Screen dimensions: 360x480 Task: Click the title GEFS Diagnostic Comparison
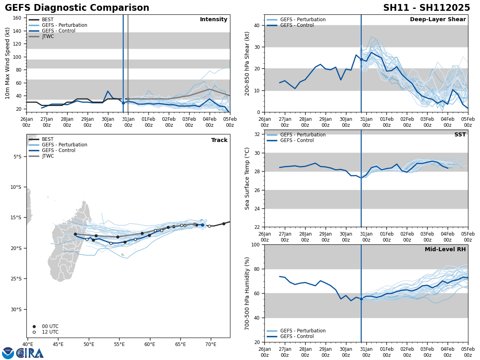(x=77, y=8)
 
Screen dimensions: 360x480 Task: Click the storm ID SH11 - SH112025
(x=426, y=8)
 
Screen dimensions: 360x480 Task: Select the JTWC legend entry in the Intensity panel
(x=48, y=36)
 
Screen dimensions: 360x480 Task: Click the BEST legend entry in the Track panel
(x=48, y=139)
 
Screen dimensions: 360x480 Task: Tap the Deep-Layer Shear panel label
(x=438, y=20)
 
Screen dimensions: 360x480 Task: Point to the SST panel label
(x=460, y=135)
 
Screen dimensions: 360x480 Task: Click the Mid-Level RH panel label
(x=445, y=250)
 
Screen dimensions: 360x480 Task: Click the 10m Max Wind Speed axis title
(x=8, y=63)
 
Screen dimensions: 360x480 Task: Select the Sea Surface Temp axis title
(x=247, y=178)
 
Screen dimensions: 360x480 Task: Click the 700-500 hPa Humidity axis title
(x=248, y=293)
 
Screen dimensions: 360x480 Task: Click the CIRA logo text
(x=30, y=353)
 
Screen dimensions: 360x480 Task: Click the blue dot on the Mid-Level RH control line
(x=361, y=299)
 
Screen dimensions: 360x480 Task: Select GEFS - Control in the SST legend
(x=297, y=140)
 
